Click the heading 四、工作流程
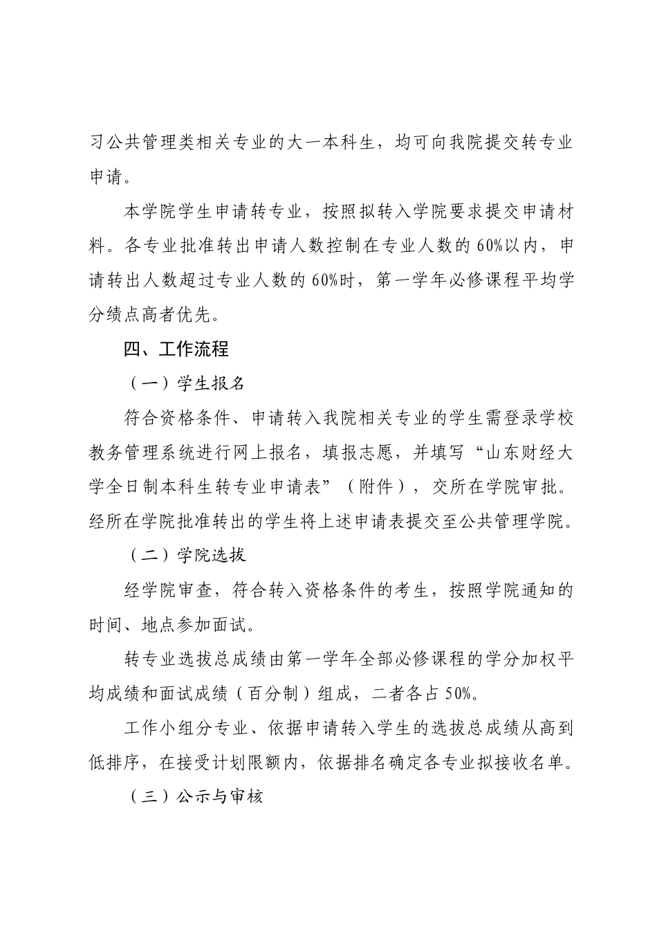pyautogui.click(x=176, y=348)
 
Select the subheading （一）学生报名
pyautogui.click(x=185, y=383)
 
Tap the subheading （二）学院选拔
pyautogui.click(x=185, y=555)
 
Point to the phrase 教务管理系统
pyautogui.click(x=142, y=452)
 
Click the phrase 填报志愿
pyautogui.click(x=358, y=452)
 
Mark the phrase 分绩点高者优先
pyautogui.click(x=151, y=315)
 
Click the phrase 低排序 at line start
pyautogui.click(x=115, y=762)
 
